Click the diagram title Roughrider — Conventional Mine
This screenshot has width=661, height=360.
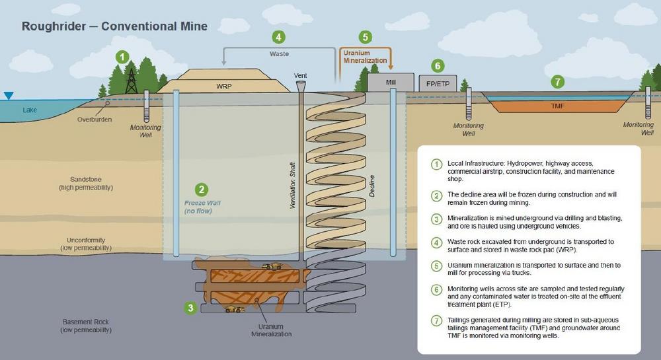coord(114,26)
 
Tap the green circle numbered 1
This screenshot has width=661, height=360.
coord(122,57)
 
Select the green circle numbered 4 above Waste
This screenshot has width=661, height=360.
coord(280,37)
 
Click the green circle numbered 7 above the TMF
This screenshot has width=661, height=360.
coord(557,82)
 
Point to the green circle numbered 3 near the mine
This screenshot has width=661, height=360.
coord(190,307)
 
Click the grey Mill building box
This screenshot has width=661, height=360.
coord(390,82)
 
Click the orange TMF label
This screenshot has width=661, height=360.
coord(560,105)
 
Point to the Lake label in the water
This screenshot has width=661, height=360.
coord(30,110)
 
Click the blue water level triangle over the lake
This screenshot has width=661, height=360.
coord(8,96)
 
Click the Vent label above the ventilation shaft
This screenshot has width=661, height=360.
coord(301,75)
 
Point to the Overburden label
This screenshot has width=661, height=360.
coord(94,120)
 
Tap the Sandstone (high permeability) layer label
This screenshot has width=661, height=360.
coord(86,183)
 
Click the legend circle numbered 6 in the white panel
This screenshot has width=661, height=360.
coord(436,289)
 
